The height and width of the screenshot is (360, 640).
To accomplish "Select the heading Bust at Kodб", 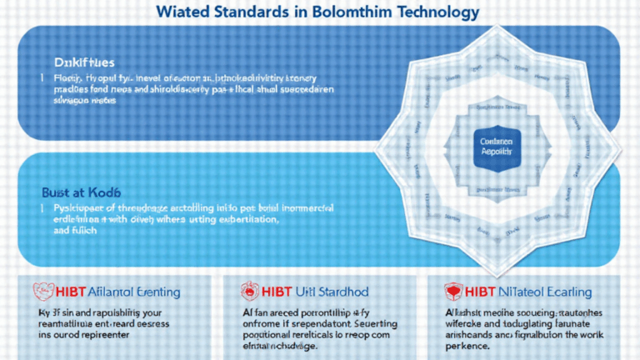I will pyautogui.click(x=81, y=191).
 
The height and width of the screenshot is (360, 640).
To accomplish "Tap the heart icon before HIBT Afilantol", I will pyautogui.click(x=43, y=292).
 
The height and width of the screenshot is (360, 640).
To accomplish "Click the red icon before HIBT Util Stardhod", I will pyautogui.click(x=247, y=292).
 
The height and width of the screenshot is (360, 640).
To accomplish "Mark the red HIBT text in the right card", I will pyautogui.click(x=482, y=292).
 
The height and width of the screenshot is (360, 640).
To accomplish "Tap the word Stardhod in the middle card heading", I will pyautogui.click(x=351, y=292).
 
